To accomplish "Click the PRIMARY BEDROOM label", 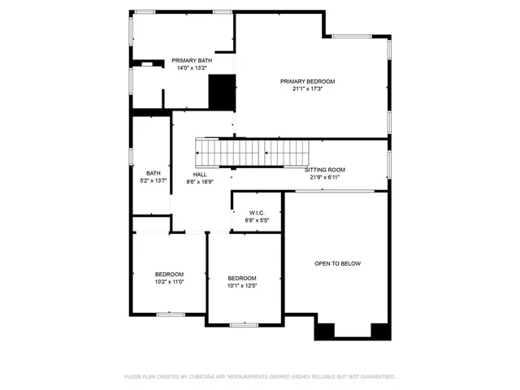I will (x=308, y=81).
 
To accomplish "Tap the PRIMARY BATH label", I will (x=192, y=61).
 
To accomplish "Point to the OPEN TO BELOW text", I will (x=338, y=264).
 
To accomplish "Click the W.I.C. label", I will (x=258, y=213).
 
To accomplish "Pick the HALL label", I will (x=200, y=175).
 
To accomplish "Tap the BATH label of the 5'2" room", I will (x=154, y=173).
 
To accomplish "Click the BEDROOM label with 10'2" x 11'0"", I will (x=170, y=274).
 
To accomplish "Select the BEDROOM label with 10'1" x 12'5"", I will (x=242, y=278).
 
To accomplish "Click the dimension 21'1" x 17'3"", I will (x=308, y=89).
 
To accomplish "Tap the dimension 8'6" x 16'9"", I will (x=200, y=182).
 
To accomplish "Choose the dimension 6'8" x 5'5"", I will (x=258, y=220).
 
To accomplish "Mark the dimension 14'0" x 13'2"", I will (x=192, y=68).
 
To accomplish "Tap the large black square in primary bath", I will (x=222, y=91).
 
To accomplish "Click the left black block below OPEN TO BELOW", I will (x=324, y=331).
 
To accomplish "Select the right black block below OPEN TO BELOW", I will (x=380, y=330).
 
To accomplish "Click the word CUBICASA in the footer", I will (x=204, y=377).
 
